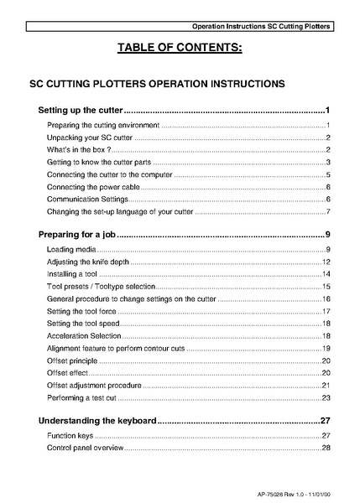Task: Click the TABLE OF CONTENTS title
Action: pyautogui.click(x=180, y=48)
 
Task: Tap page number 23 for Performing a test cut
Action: pyautogui.click(x=326, y=397)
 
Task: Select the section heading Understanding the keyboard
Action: pyautogui.click(x=97, y=421)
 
